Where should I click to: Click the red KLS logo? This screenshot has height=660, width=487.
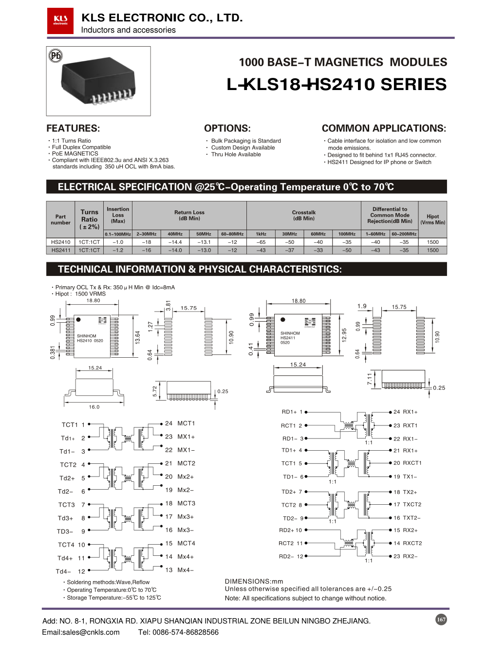(x=60, y=21)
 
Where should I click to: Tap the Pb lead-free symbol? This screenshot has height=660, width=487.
(x=56, y=55)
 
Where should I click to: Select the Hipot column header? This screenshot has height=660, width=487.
(x=432, y=220)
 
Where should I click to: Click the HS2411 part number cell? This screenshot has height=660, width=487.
(x=61, y=250)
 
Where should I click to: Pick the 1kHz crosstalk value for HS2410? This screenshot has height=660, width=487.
(x=261, y=242)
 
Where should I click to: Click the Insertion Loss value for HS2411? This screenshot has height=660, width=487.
(x=118, y=250)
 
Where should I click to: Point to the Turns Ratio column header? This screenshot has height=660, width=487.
(x=90, y=220)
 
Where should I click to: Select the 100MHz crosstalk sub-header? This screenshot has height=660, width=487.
(x=347, y=234)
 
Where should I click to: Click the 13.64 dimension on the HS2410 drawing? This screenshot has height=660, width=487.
(x=138, y=337)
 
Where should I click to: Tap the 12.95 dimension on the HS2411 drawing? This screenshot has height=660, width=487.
(x=344, y=335)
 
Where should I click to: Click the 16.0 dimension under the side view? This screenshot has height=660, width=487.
(x=94, y=407)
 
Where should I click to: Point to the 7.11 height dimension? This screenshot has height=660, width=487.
(x=370, y=379)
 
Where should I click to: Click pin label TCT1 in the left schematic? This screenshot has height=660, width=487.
(x=70, y=425)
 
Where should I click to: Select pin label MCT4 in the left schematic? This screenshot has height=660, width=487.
(x=186, y=543)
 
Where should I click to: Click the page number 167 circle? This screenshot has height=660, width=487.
(x=441, y=620)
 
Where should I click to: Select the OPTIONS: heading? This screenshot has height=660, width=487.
(x=227, y=128)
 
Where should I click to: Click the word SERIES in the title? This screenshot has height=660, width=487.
(x=413, y=85)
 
